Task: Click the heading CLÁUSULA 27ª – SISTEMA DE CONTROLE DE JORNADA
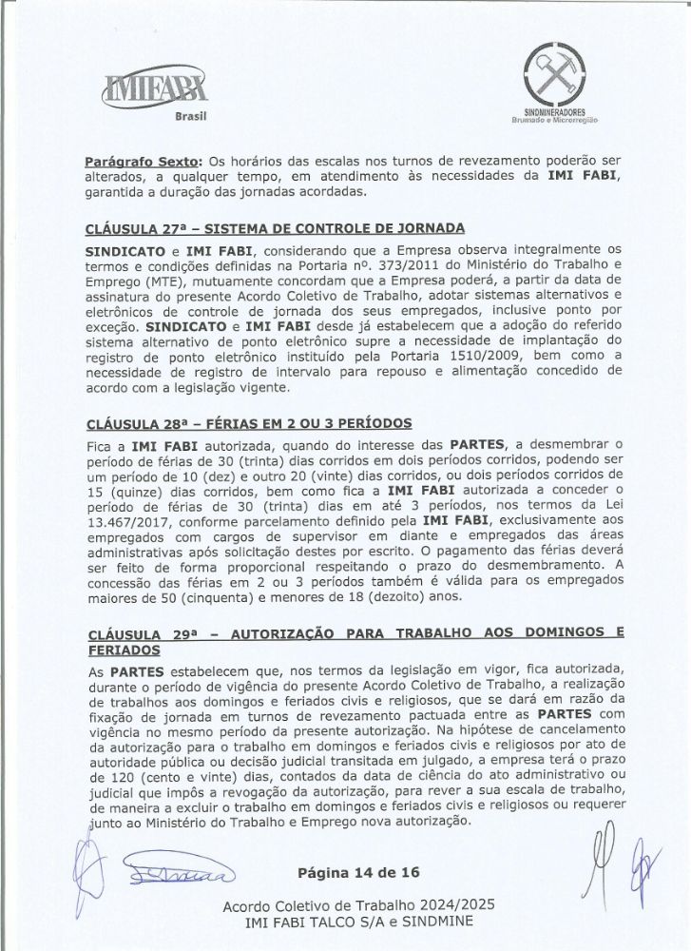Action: click(x=274, y=229)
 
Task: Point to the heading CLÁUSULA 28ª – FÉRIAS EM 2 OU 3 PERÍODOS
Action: click(x=248, y=422)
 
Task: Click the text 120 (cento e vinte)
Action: click(x=147, y=776)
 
